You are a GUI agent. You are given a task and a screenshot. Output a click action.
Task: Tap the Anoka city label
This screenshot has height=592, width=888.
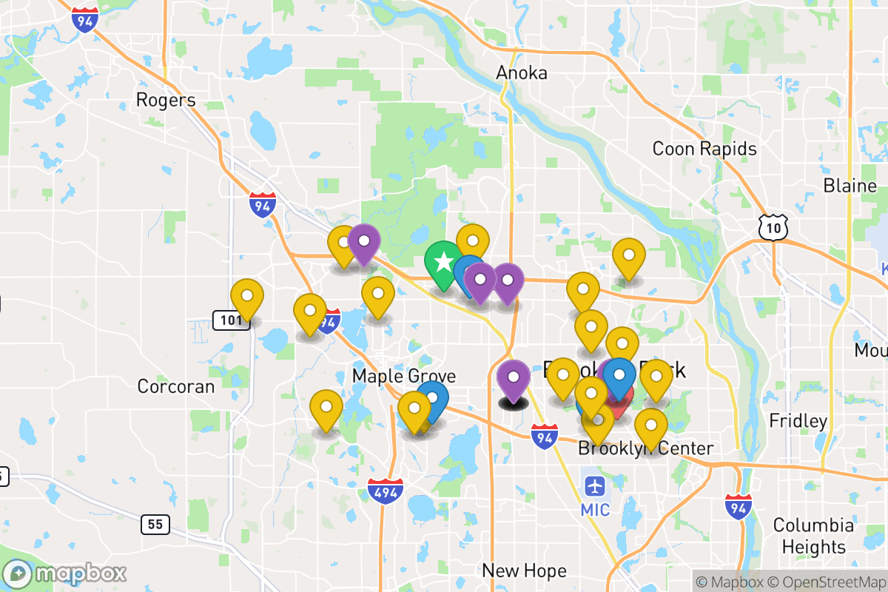(x=522, y=73)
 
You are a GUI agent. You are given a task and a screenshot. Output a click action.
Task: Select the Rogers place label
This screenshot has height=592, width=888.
(x=166, y=100)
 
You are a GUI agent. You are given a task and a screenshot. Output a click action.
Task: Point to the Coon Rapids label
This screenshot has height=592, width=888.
(x=704, y=149)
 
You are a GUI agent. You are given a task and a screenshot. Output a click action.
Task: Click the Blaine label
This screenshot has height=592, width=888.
(x=850, y=185)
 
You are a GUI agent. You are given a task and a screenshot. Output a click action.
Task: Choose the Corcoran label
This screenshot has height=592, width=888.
(x=176, y=386)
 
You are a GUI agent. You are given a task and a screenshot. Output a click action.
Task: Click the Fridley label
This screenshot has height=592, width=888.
(x=798, y=421)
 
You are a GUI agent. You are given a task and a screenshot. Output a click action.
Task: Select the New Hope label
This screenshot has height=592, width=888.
(x=524, y=571)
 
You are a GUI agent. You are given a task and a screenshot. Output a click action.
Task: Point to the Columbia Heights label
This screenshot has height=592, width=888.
(x=813, y=536)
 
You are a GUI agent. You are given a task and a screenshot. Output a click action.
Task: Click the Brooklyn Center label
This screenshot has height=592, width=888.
(x=645, y=448)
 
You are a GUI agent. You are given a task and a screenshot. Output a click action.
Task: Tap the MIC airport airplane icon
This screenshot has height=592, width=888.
(x=595, y=487)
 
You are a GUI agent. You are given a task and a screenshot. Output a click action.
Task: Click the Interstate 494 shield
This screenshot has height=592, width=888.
(x=385, y=491)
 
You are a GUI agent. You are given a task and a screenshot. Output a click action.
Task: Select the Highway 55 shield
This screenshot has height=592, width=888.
(x=155, y=525)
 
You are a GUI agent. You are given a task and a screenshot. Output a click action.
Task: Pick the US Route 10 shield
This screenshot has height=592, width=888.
(x=773, y=227)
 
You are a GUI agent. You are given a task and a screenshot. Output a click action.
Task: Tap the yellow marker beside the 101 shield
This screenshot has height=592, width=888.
(x=247, y=298)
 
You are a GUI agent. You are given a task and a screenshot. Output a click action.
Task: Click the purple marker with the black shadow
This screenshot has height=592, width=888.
(x=513, y=379)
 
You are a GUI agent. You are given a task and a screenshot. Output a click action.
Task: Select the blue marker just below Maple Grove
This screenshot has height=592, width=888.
(x=432, y=399)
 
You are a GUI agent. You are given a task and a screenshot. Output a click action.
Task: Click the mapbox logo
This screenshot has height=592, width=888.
(x=65, y=573)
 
